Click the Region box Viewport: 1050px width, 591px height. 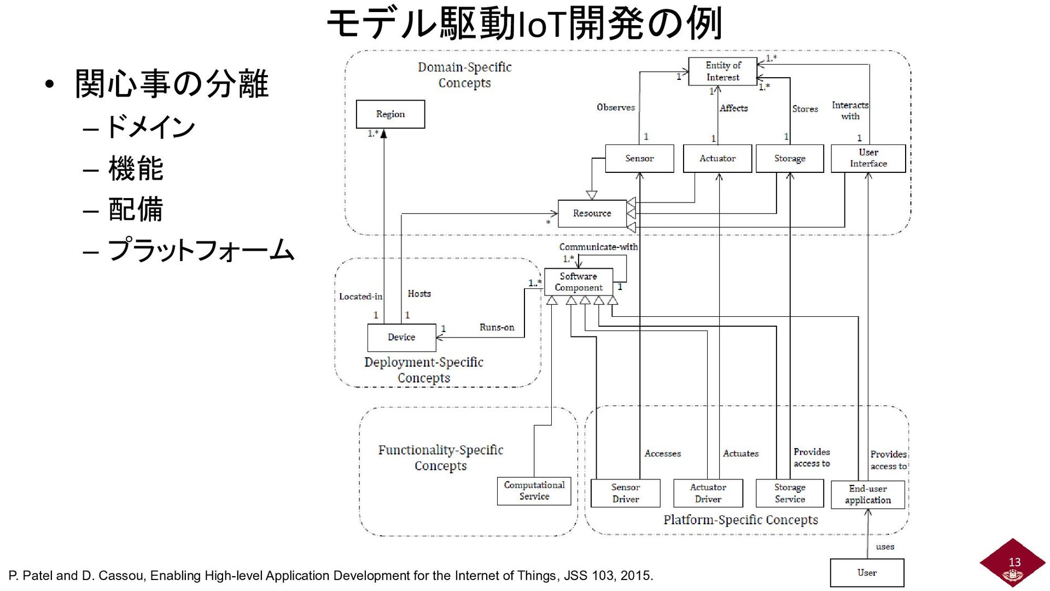click(390, 114)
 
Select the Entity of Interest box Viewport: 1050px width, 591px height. click(722, 71)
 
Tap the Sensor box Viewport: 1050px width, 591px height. click(639, 159)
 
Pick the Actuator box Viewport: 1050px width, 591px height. click(717, 159)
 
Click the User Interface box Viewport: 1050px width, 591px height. click(868, 158)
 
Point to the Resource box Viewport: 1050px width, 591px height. click(592, 213)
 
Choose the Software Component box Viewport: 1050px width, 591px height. click(578, 282)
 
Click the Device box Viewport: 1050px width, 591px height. click(401, 337)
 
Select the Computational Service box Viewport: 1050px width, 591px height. click(534, 491)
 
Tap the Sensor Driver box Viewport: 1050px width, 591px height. click(625, 493)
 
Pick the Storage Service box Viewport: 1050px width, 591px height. click(789, 493)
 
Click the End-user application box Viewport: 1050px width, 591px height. click(867, 494)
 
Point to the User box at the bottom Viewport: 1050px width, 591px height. click(867, 572)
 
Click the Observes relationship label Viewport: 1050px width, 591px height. click(615, 107)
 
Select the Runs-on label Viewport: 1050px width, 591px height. click(497, 327)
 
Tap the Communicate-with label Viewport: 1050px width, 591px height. click(598, 247)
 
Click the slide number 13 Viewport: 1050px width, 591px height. click(1014, 562)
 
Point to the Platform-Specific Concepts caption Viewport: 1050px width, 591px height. click(740, 520)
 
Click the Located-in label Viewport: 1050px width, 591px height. click(360, 297)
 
